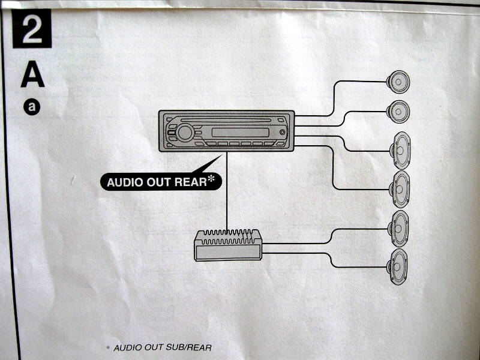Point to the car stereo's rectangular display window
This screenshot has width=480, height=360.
click(x=236, y=131)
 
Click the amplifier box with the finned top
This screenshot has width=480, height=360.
click(x=227, y=245)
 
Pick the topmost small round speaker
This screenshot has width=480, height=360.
click(x=398, y=81)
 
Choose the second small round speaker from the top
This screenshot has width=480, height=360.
click(x=398, y=112)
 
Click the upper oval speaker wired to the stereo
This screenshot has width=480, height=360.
click(x=400, y=150)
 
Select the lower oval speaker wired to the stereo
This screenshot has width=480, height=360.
click(x=400, y=190)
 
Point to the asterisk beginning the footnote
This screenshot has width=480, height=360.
click(x=108, y=347)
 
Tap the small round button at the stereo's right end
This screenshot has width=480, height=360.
click(x=282, y=132)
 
